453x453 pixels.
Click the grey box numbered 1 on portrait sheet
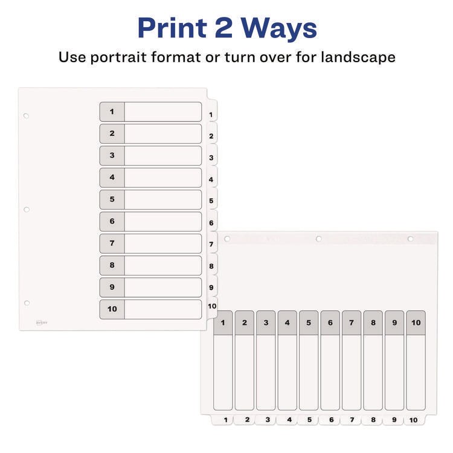coord(112,112)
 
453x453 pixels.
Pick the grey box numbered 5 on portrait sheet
coord(112,199)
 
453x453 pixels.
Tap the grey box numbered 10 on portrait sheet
coord(112,309)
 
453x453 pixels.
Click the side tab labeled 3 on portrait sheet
coord(211,158)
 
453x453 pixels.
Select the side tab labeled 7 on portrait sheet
coord(211,245)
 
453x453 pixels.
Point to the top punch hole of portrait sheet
coord(26,115)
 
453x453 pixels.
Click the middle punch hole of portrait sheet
coord(26,210)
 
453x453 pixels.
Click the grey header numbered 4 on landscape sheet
coord(287,323)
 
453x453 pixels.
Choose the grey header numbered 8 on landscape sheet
coord(373,323)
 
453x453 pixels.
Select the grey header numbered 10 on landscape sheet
coord(416,323)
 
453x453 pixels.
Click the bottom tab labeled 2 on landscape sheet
coord(245,419)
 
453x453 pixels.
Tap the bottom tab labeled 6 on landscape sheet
coord(330,419)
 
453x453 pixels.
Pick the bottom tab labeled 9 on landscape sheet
coord(393,419)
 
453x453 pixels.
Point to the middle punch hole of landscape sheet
coord(318,239)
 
